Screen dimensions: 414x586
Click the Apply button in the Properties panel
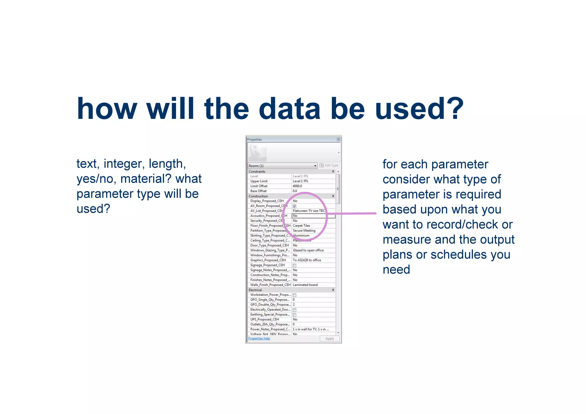[x=329, y=338]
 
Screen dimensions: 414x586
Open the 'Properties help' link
[x=259, y=338]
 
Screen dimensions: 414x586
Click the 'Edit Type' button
[x=329, y=165]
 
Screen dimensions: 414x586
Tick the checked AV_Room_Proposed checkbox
[x=294, y=206]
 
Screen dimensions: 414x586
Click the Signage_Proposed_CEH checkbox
[x=294, y=265]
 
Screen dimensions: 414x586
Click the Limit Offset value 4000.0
[x=297, y=186]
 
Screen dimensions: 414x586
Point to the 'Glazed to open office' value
[x=308, y=250]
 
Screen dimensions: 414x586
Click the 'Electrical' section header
[x=255, y=290]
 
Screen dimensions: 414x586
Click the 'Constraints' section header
[x=257, y=171]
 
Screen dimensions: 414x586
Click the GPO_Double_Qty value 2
[x=294, y=304]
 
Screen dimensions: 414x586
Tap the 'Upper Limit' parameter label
[x=259, y=181]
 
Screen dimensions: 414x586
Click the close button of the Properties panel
[x=338, y=139]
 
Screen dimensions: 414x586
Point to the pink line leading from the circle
[x=352, y=213]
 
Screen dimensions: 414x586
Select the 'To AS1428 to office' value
[x=307, y=260]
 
